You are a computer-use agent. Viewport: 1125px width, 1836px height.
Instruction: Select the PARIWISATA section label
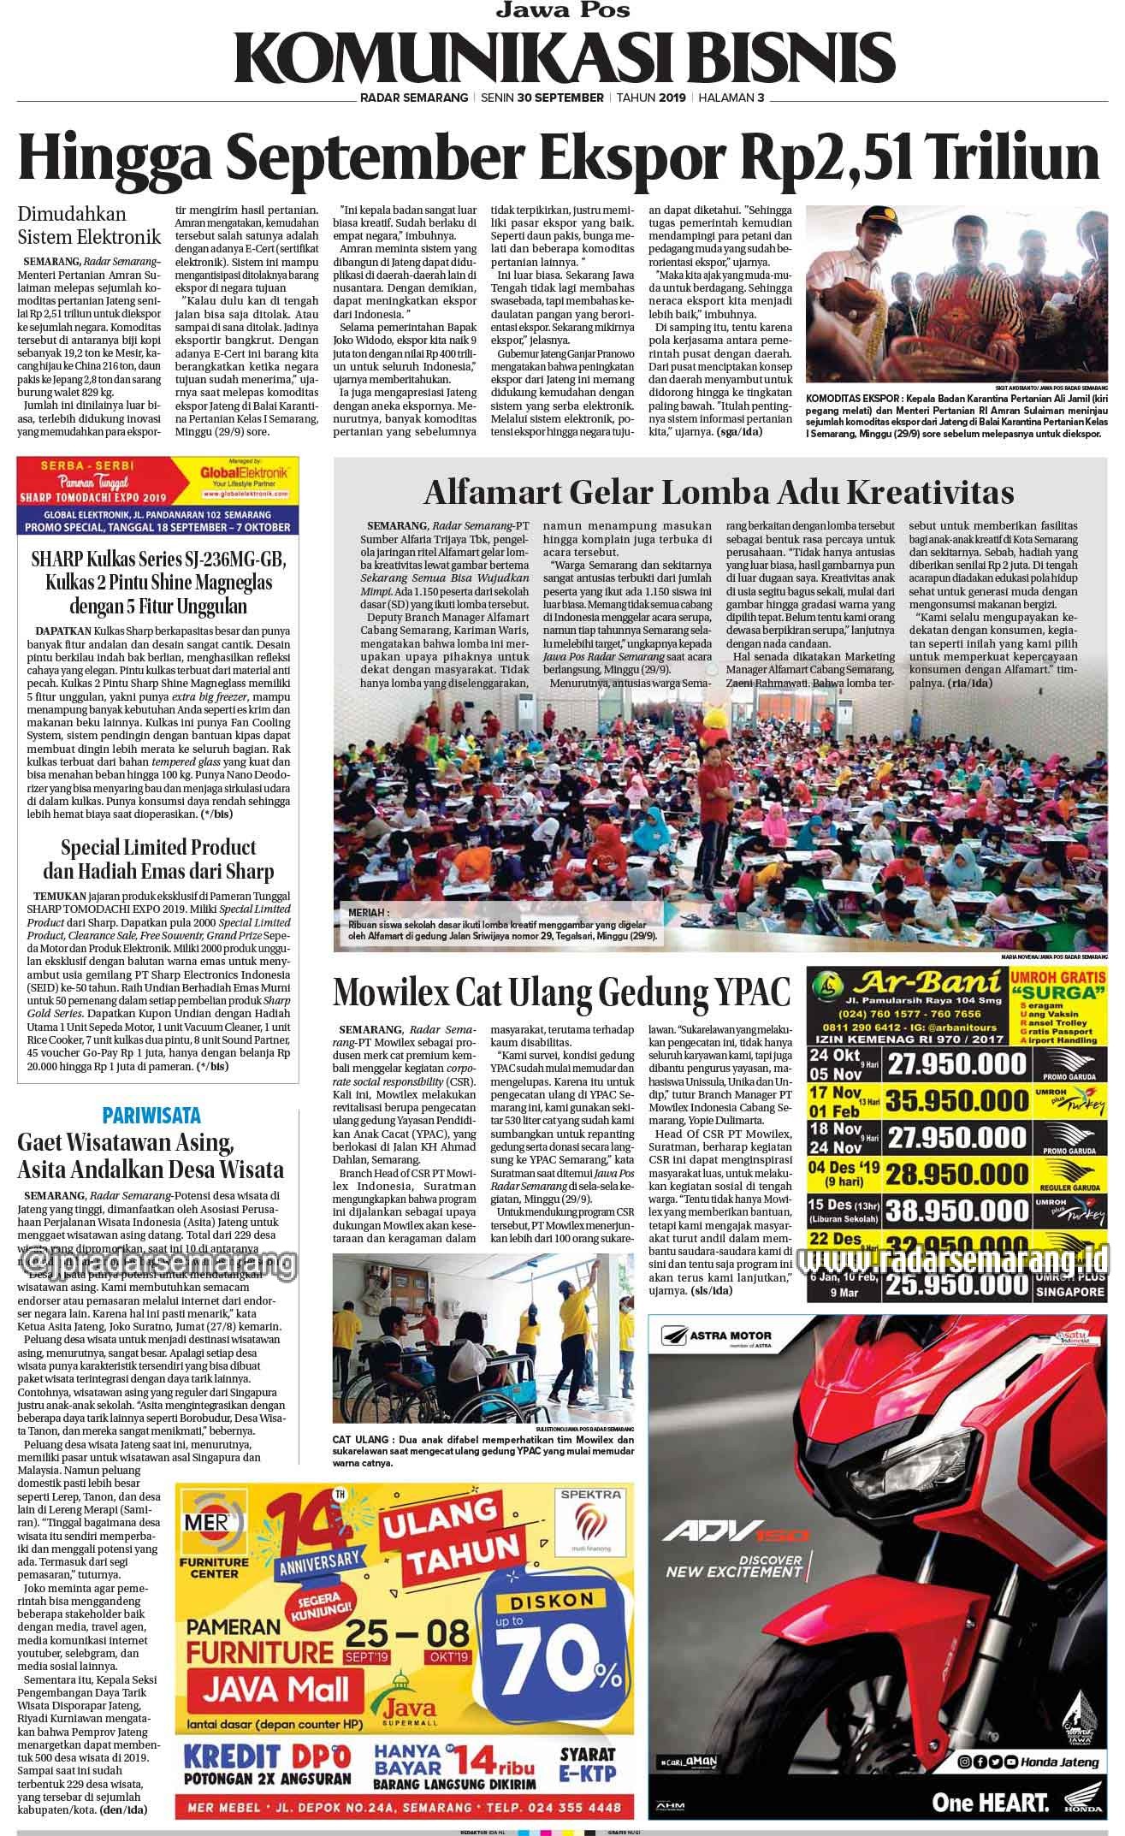(151, 1115)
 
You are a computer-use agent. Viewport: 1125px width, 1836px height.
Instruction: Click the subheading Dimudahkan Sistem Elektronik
(89, 223)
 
